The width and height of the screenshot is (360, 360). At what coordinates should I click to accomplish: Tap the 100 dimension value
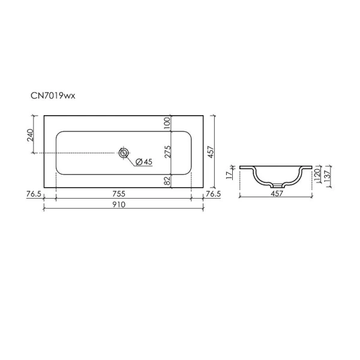pos(168,122)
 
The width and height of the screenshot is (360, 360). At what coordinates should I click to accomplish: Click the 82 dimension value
pos(168,180)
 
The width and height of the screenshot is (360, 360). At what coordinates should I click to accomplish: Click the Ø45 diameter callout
pos(145,162)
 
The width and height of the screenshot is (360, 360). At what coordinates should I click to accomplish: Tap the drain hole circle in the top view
pos(124,153)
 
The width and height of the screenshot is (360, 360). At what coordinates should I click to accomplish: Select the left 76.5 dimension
pos(34,194)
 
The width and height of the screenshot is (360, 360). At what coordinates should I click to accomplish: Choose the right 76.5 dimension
pos(214,194)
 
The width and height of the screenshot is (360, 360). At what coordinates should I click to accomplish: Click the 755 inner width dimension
pos(124,194)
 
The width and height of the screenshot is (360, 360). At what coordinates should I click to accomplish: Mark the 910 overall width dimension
pos(124,205)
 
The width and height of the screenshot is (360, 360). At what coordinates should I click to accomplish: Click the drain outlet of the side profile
pos(276,185)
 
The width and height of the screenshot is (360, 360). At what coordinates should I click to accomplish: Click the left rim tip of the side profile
pos(241,167)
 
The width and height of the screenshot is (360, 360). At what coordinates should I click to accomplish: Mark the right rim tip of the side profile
pos(311,167)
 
